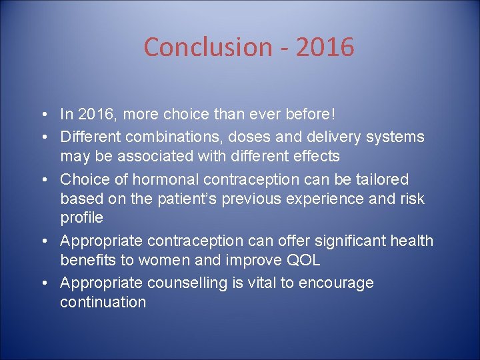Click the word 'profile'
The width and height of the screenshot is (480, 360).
pyautogui.click(x=81, y=217)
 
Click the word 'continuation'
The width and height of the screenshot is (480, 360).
pyautogui.click(x=103, y=302)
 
